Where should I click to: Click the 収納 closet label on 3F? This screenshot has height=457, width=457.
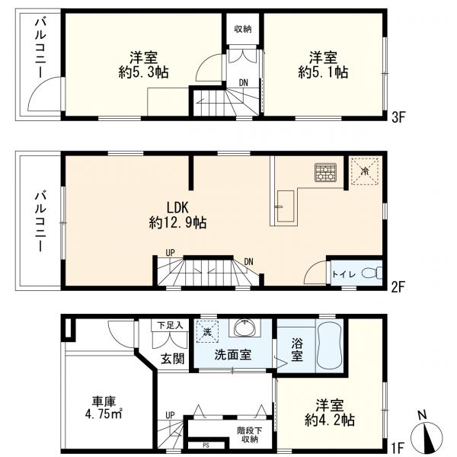click(x=243, y=29)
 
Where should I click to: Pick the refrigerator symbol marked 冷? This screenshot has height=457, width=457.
click(x=363, y=171)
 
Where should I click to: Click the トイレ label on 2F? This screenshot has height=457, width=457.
click(x=340, y=273)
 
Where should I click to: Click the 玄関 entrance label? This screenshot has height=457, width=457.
click(x=172, y=358)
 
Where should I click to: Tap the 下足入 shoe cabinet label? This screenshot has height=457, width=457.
click(x=171, y=325)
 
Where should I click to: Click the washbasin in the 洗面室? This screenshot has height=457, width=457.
click(x=244, y=328)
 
